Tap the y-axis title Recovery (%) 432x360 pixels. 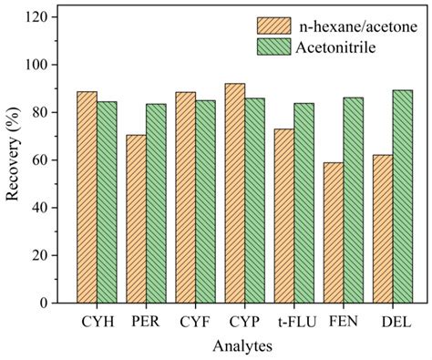click(14, 160)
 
